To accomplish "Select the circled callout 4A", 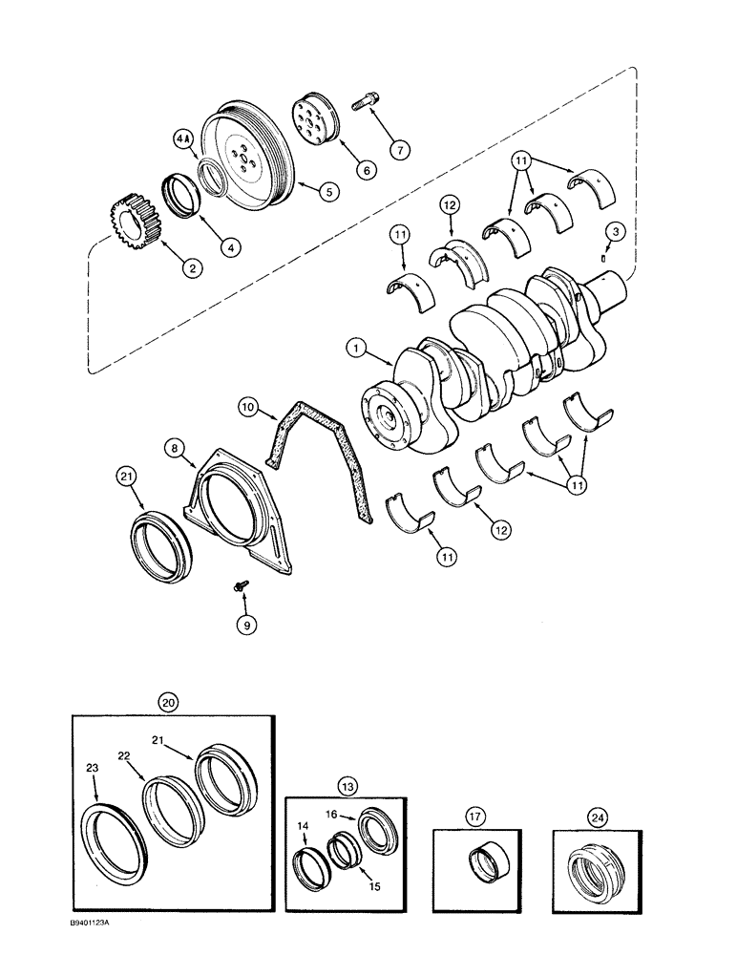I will pyautogui.click(x=183, y=139).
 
